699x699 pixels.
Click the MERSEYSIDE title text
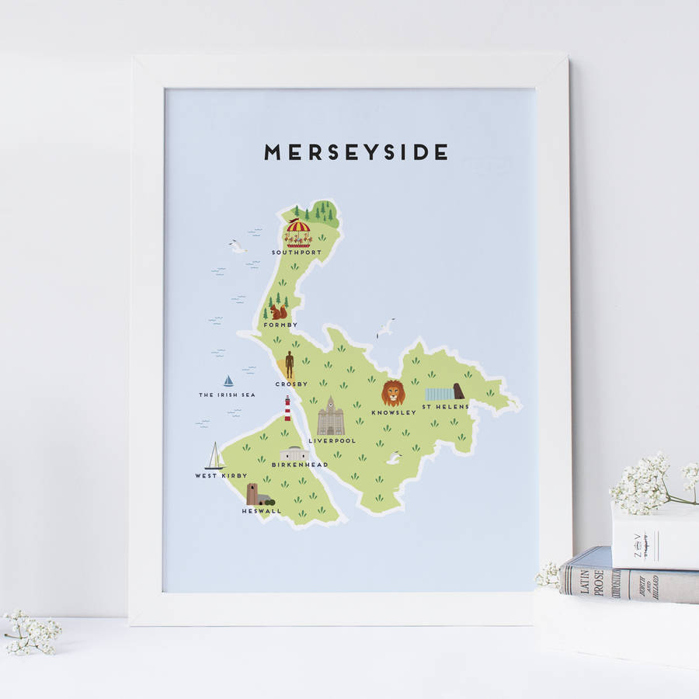[356, 152]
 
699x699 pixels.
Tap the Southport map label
[296, 252]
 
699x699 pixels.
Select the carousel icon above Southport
[297, 231]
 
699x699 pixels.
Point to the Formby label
[280, 325]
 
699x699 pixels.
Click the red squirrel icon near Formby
[277, 311]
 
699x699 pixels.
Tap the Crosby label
[291, 384]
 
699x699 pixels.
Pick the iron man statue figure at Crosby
[290, 364]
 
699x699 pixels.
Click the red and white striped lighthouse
[287, 409]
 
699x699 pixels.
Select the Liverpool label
[332, 440]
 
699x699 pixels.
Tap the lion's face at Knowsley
[393, 393]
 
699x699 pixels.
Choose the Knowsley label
[394, 412]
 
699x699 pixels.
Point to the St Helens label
[446, 406]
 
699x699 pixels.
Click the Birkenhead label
[300, 464]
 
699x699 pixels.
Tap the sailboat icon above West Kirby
[214, 457]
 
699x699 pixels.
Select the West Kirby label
[221, 475]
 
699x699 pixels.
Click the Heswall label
[262, 510]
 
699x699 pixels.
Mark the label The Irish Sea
[227, 395]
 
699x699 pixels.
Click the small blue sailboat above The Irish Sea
[228, 381]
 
